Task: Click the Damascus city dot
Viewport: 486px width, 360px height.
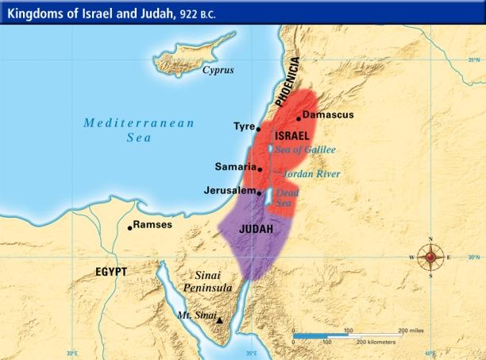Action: (x=299, y=118)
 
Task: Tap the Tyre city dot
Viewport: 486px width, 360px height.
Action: (x=259, y=128)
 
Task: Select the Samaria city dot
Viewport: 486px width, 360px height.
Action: (x=260, y=169)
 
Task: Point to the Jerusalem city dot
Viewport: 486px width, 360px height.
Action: (x=259, y=192)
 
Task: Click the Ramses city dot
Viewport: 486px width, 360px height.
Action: (x=130, y=227)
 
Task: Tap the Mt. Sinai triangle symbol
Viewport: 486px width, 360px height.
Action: (x=220, y=320)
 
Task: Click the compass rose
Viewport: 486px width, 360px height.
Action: (x=431, y=257)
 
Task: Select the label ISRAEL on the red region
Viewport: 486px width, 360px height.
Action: (x=291, y=136)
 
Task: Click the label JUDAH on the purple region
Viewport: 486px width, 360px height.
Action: (x=256, y=229)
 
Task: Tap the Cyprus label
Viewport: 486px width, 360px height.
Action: (x=218, y=70)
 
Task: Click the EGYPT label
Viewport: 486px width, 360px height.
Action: (x=111, y=272)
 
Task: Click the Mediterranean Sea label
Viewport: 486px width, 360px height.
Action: (x=138, y=130)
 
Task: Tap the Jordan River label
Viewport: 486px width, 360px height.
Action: (x=312, y=174)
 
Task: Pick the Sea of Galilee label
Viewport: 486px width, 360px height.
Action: (x=306, y=150)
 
